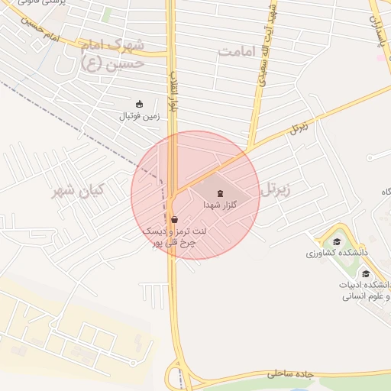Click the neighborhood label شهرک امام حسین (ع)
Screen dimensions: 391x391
tap(116, 54)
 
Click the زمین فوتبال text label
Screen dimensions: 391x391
tap(138, 117)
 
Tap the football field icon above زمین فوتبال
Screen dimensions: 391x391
tap(139, 104)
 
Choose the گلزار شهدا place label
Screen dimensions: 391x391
tap(221, 205)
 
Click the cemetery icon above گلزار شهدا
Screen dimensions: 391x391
tap(221, 192)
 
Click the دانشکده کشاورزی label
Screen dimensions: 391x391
tap(338, 252)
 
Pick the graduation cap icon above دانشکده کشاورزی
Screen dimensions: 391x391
tap(337, 241)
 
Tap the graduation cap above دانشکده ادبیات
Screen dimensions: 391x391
tap(366, 273)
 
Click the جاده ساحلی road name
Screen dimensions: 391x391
tap(292, 374)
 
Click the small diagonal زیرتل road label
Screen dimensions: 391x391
tap(299, 128)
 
